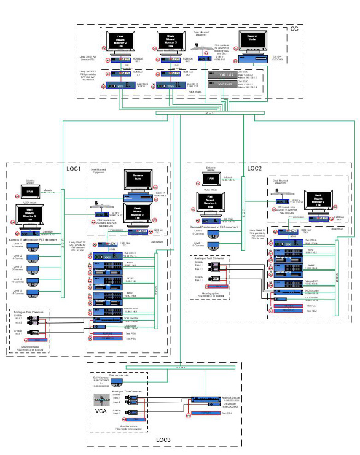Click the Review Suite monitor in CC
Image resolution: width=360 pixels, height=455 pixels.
254,41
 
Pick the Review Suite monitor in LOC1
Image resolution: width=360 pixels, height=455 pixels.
138,180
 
